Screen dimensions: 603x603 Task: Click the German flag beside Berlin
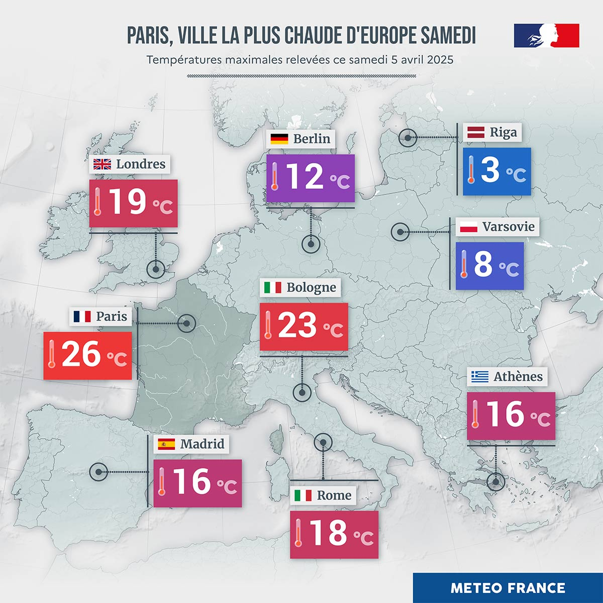pyautogui.click(x=279, y=139)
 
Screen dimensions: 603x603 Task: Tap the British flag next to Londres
pyautogui.click(x=103, y=164)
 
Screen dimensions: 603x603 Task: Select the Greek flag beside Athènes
pyautogui.click(x=480, y=376)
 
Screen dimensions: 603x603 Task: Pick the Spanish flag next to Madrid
pyautogui.click(x=166, y=444)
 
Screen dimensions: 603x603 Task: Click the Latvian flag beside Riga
pyautogui.click(x=476, y=133)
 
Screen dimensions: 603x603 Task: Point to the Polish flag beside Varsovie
pyautogui.click(x=468, y=227)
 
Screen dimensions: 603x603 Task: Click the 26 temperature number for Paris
pyautogui.click(x=81, y=355)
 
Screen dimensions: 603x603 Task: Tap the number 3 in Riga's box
pyautogui.click(x=490, y=170)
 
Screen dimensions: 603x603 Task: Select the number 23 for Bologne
pyautogui.click(x=297, y=325)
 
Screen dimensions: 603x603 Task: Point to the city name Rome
pyautogui.click(x=334, y=495)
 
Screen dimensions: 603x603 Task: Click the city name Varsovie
pyautogui.click(x=509, y=227)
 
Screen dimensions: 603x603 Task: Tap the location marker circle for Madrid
pyautogui.click(x=98, y=472)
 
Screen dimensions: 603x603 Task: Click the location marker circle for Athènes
pyautogui.click(x=496, y=481)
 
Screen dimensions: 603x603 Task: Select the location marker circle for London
pyautogui.click(x=156, y=269)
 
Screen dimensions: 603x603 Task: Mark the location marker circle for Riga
pyautogui.click(x=408, y=137)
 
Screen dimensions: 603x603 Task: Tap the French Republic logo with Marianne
pyautogui.click(x=546, y=35)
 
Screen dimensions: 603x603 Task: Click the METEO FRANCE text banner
pyautogui.click(x=508, y=588)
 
